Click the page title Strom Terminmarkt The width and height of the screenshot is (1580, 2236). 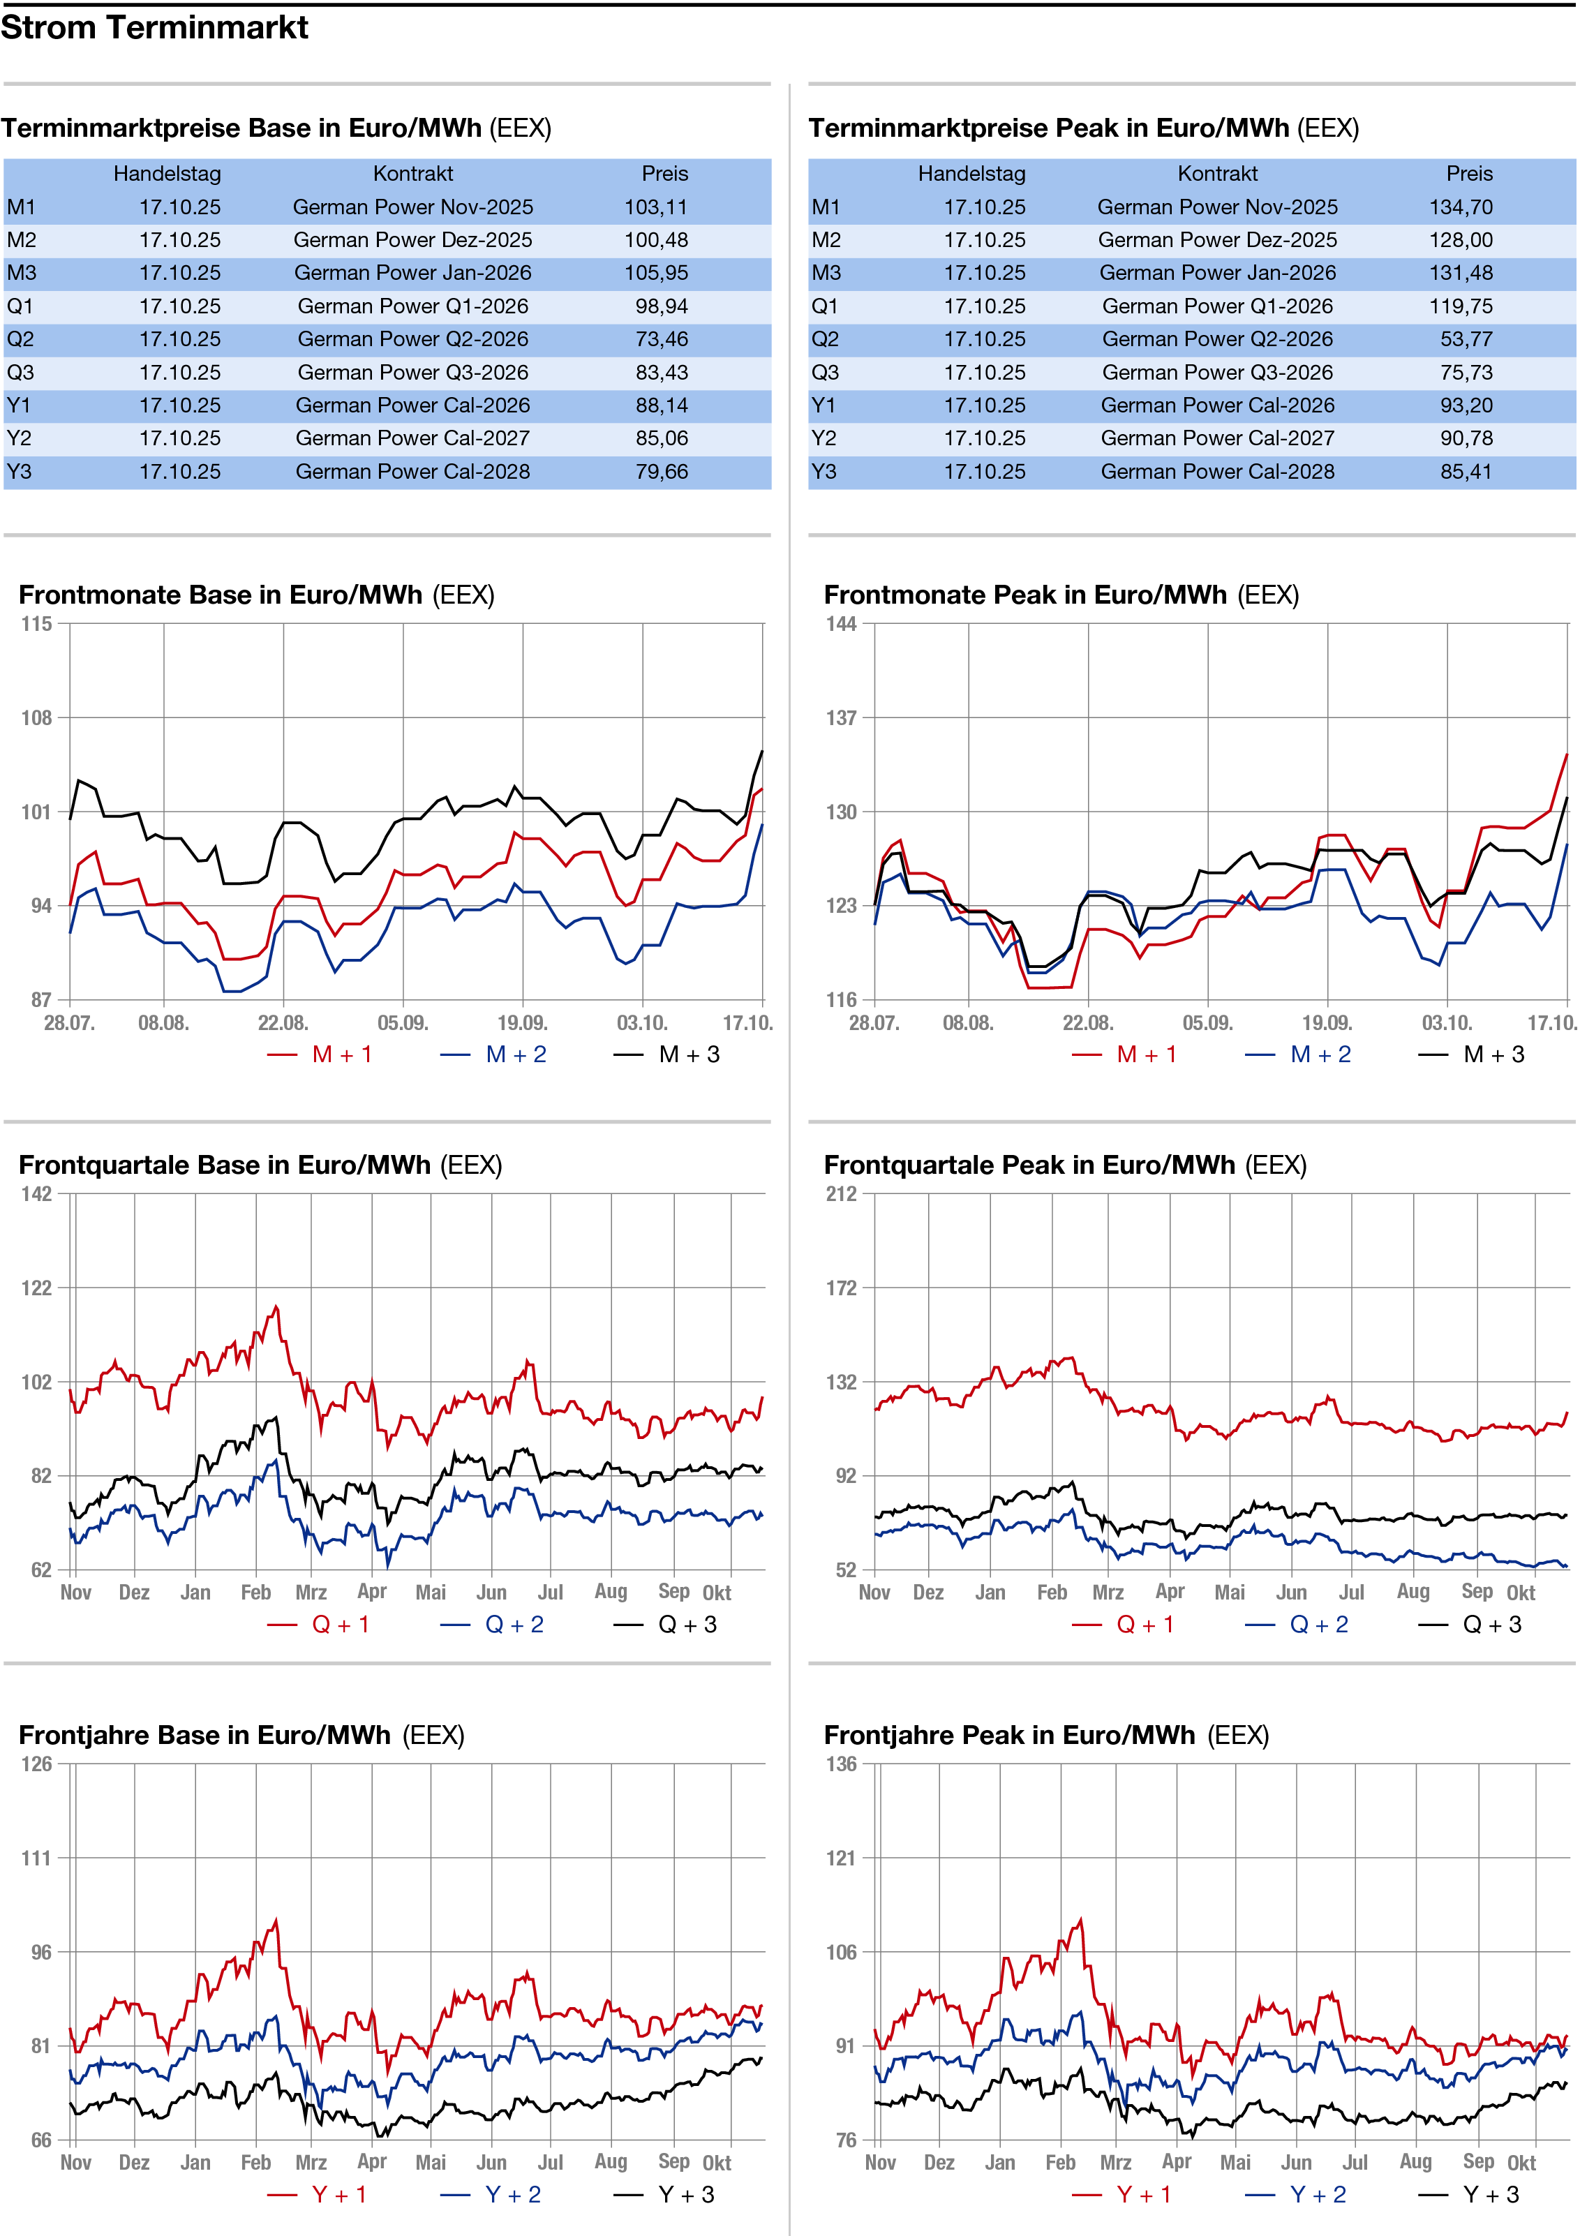coord(154,27)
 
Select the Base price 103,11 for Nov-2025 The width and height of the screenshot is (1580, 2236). coord(655,207)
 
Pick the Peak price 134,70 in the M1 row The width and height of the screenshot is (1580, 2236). coord(1460,207)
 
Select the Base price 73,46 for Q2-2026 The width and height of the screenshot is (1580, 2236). coord(662,340)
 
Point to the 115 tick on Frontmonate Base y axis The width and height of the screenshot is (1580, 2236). coord(37,624)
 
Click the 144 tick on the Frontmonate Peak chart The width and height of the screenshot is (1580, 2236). coord(842,624)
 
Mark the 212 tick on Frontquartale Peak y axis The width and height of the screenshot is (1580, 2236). coord(842,1194)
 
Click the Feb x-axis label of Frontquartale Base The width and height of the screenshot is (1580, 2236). coord(256,1593)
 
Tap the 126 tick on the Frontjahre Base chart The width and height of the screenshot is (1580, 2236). coord(37,1764)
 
